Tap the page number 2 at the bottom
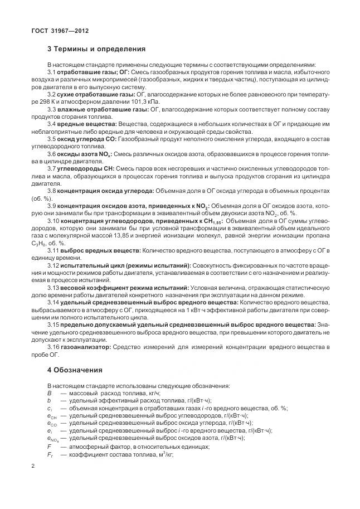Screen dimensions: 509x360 pyautogui.click(x=33, y=466)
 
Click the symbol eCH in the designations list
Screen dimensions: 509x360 pyautogui.click(x=51, y=416)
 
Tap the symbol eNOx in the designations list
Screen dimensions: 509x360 pyautogui.click(x=52, y=439)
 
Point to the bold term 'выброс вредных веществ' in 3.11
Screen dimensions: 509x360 pyautogui.click(x=100, y=250)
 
